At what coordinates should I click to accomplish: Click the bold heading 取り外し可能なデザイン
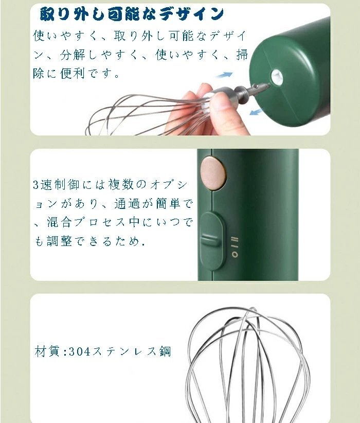[x=132, y=14]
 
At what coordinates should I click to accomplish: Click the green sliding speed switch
[x=212, y=240]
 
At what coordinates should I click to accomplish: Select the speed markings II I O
[x=235, y=246]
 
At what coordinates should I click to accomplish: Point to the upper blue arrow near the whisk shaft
[x=224, y=75]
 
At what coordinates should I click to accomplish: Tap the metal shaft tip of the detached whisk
[x=265, y=86]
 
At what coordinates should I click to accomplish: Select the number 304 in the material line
[x=80, y=352]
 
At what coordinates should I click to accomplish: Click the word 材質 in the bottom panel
[x=47, y=351]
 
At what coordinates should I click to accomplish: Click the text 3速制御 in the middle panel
[x=57, y=185]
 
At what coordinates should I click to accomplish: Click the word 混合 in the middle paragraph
[x=59, y=222]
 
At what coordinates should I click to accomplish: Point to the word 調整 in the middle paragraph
[x=59, y=240]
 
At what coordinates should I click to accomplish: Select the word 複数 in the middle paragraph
[x=120, y=185]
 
